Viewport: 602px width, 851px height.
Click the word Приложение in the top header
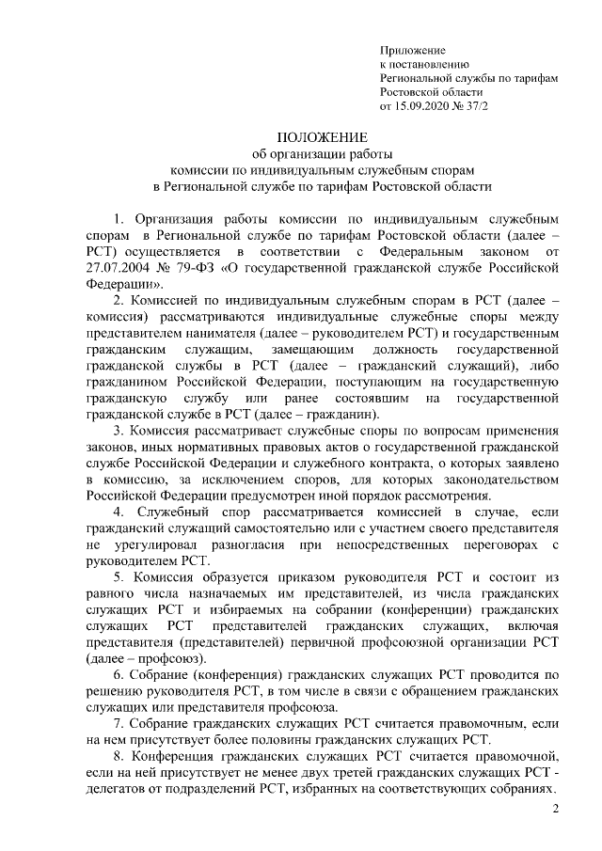pos(411,50)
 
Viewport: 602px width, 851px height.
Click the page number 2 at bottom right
pos(555,810)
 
